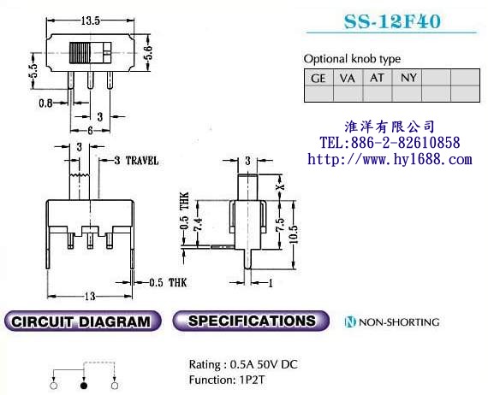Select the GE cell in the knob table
(x=318, y=78)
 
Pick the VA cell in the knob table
(x=347, y=78)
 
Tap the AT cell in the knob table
(x=376, y=78)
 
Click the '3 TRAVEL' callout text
(x=135, y=161)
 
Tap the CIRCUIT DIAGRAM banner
(x=83, y=322)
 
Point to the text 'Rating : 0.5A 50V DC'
(x=244, y=363)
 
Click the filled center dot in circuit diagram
(x=84, y=386)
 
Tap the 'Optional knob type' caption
(x=352, y=59)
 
